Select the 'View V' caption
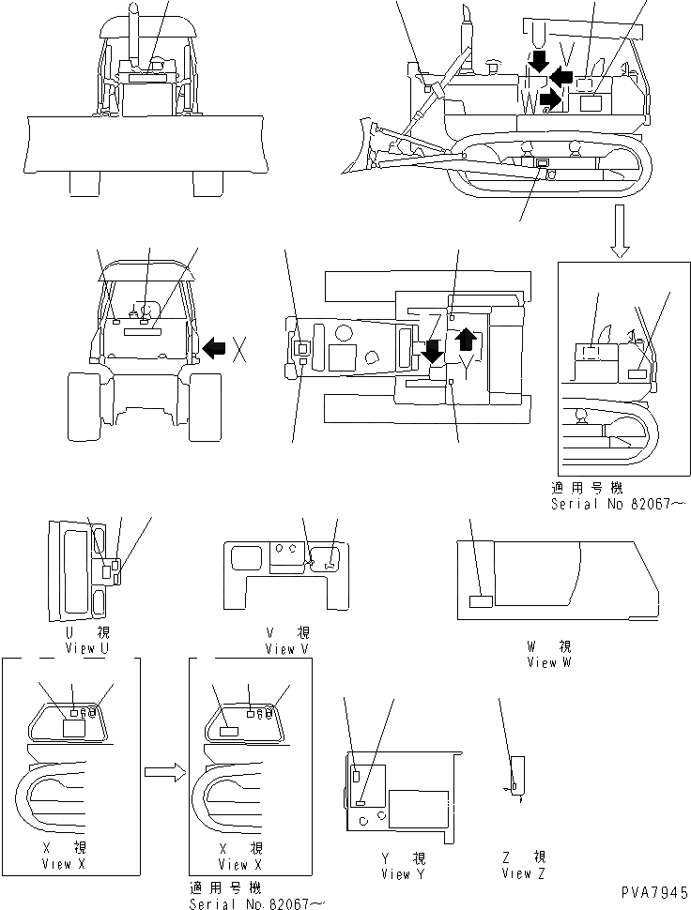(x=280, y=649)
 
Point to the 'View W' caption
(x=542, y=662)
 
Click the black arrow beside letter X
(x=215, y=349)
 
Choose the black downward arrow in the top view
(x=434, y=351)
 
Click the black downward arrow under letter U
(x=538, y=63)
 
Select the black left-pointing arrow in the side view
(x=562, y=75)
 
